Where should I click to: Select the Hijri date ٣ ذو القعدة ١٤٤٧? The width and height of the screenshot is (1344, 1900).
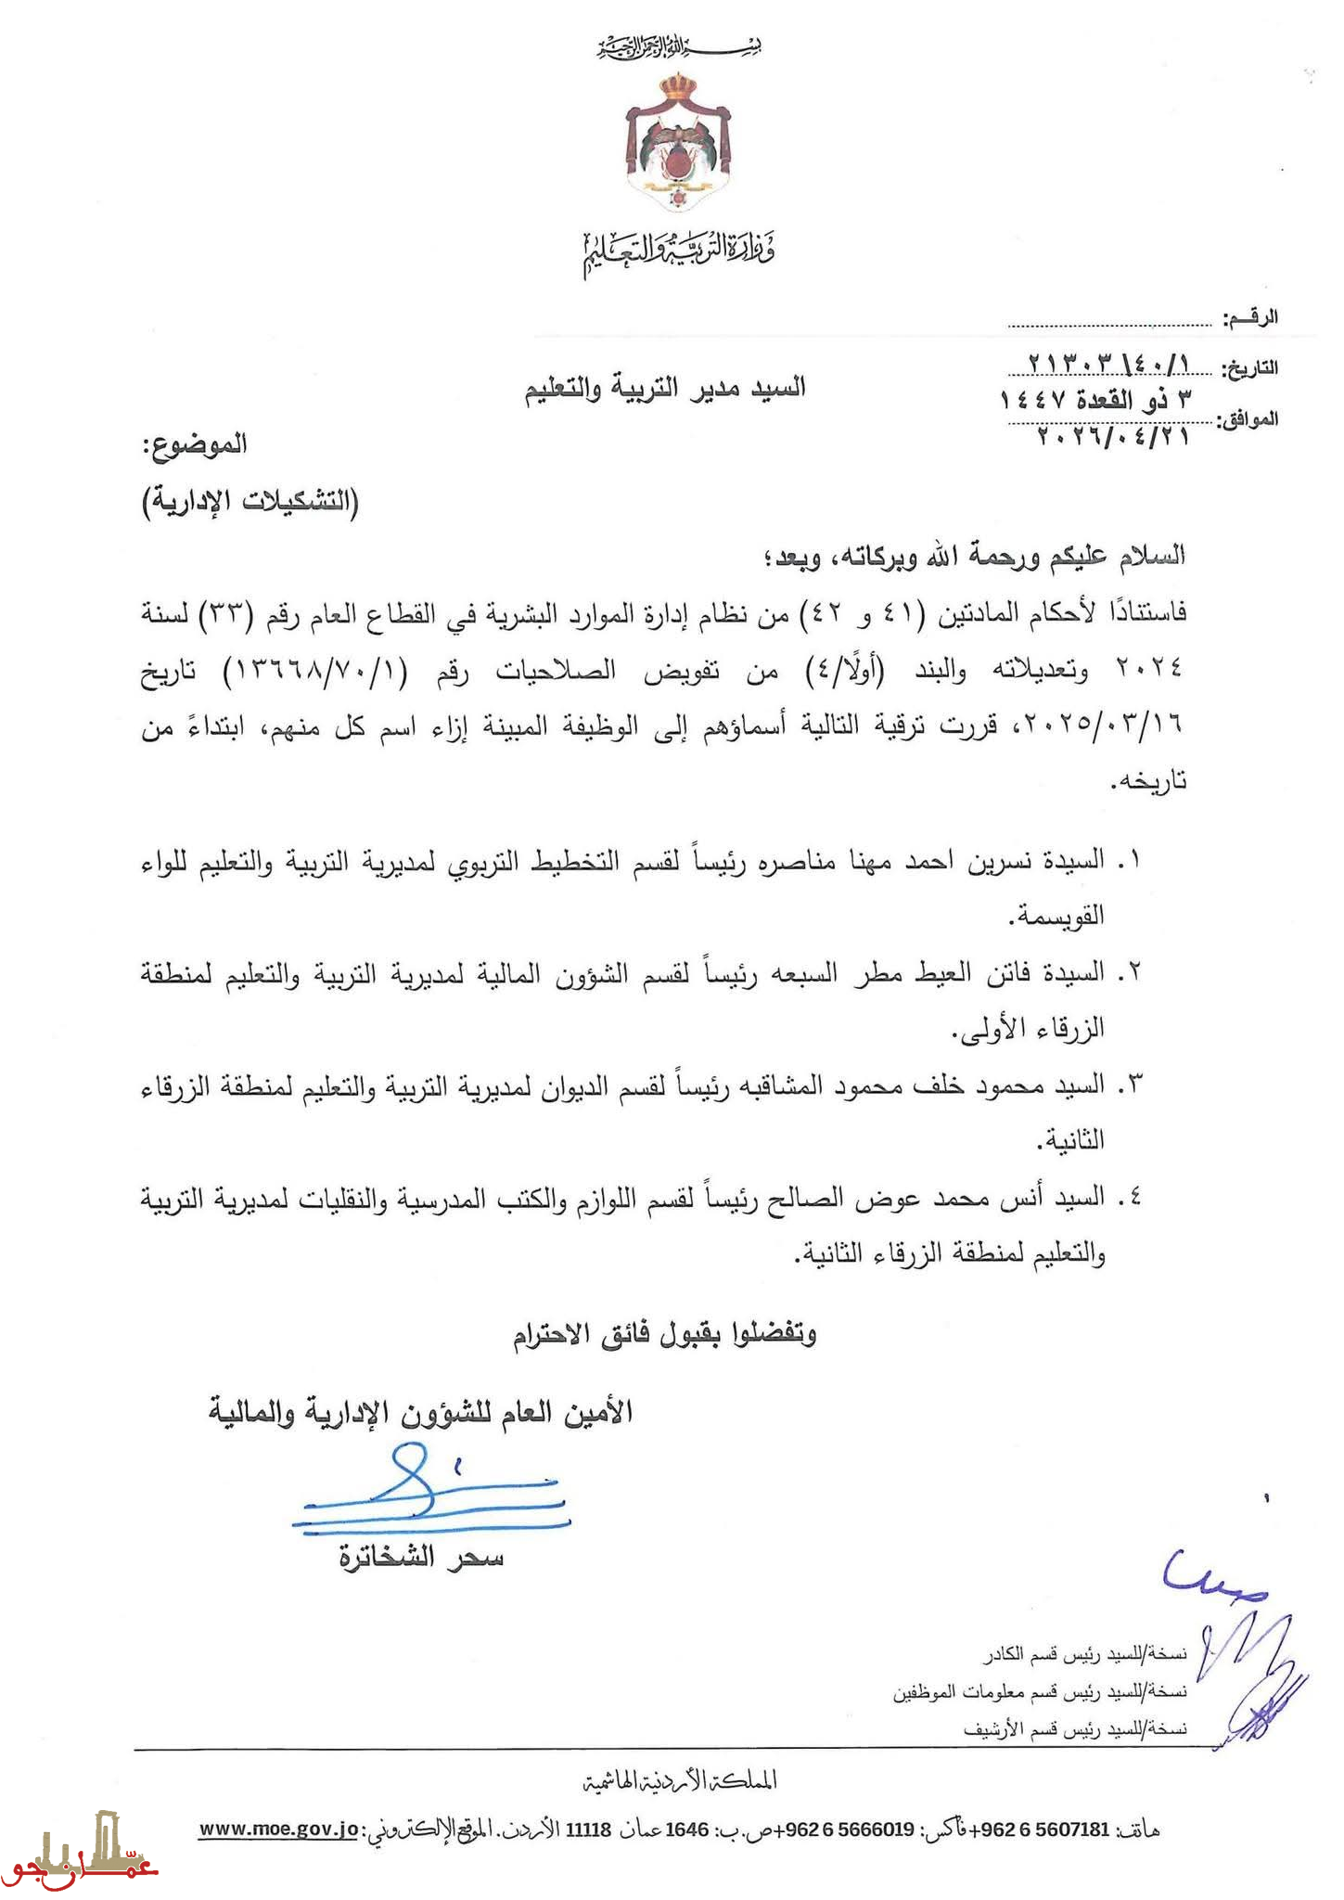(1094, 402)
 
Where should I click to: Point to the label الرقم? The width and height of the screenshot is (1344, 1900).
(1250, 318)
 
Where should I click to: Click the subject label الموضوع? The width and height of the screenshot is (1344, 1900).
(196, 445)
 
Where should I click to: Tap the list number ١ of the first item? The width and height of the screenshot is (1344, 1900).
(1128, 861)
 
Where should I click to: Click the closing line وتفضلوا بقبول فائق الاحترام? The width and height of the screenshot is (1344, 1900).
(665, 1335)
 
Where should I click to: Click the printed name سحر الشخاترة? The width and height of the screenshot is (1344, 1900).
(422, 1559)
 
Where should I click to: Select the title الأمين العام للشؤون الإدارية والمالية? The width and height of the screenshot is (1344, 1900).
(420, 1413)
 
